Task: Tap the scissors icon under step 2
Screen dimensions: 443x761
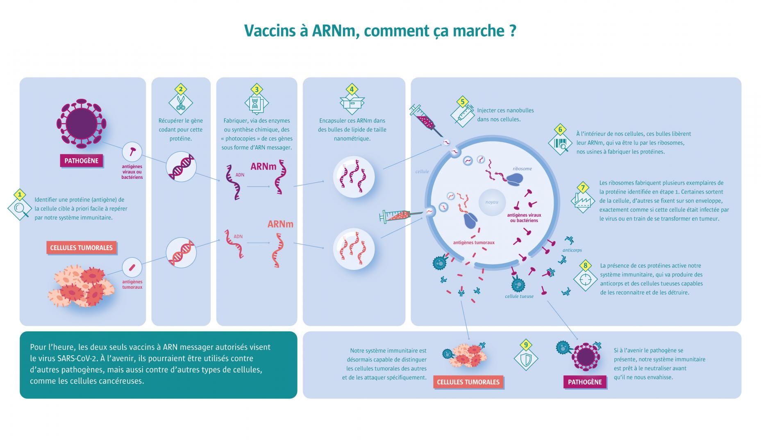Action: click(180, 104)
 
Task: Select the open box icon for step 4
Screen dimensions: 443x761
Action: click(352, 103)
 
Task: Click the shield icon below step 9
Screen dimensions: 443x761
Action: click(526, 359)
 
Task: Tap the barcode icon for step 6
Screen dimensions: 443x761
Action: click(560, 144)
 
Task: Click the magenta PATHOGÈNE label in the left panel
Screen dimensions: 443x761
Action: click(82, 161)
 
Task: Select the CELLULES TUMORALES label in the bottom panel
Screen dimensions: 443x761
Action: click(468, 382)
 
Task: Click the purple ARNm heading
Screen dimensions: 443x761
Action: click(264, 166)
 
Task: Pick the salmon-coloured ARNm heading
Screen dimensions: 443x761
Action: click(280, 224)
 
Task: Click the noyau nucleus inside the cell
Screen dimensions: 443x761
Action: click(492, 202)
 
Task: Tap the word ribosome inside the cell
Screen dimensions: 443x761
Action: click(522, 169)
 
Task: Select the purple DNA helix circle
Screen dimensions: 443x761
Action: click(181, 167)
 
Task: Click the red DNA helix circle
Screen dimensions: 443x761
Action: click(181, 252)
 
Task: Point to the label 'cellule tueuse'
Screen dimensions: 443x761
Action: click(519, 296)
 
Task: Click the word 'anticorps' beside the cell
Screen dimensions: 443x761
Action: click(572, 250)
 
